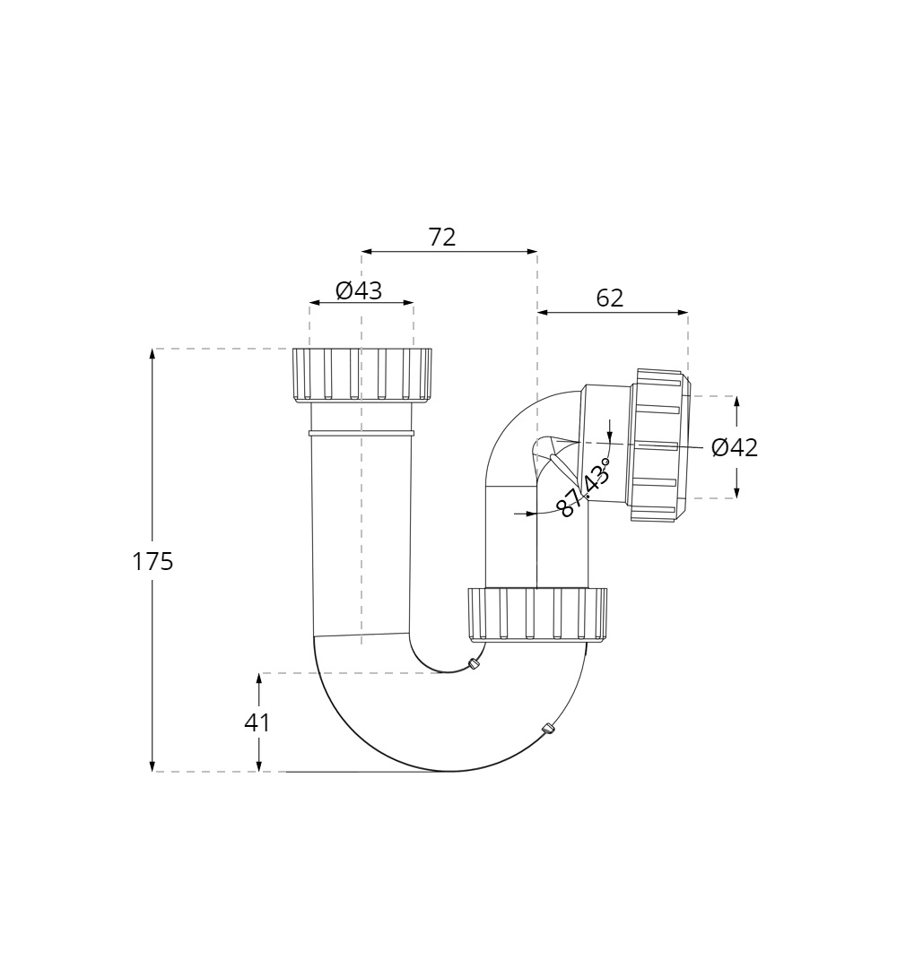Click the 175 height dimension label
click(152, 562)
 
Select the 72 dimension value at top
click(442, 238)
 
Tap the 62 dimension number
click(610, 298)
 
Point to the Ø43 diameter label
click(359, 290)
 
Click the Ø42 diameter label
click(735, 447)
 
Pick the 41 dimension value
click(257, 722)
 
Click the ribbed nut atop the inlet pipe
click(361, 374)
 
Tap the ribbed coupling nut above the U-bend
click(537, 614)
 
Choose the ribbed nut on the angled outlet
click(659, 445)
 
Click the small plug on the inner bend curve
click(474, 664)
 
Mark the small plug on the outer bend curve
click(549, 729)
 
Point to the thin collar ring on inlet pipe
click(361, 433)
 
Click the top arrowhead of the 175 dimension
click(152, 354)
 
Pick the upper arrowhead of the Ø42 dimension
click(736, 402)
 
